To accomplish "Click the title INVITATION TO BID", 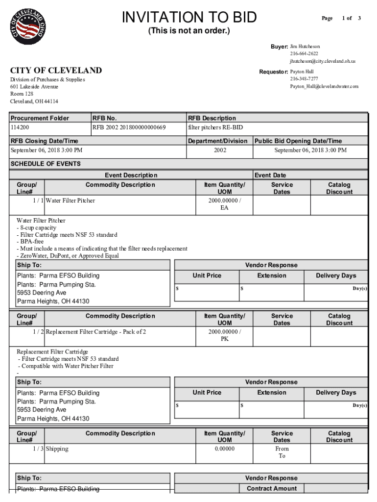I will click(189, 18).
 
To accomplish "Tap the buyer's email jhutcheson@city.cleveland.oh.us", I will click(322, 61).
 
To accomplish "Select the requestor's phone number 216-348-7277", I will click(304, 79).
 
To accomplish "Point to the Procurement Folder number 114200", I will click(20, 127).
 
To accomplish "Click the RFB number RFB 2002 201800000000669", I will click(129, 127).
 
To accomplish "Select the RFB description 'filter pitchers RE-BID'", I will click(215, 127).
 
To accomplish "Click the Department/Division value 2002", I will click(220, 150).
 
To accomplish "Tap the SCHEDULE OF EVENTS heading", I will click(46, 164).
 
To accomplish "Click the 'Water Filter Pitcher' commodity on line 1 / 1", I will click(71, 201).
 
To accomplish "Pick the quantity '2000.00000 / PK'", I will click(225, 336).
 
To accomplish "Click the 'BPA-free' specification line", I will click(31, 242).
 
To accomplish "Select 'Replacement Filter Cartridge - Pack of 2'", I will click(95, 332).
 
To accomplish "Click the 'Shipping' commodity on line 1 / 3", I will click(57, 449).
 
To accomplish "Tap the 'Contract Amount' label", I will click(272, 488).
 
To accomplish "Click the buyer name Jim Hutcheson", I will click(305, 47).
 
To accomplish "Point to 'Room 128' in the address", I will click(23, 94).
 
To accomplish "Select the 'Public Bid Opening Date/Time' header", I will click(298, 141).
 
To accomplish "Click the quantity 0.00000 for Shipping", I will click(225, 449).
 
